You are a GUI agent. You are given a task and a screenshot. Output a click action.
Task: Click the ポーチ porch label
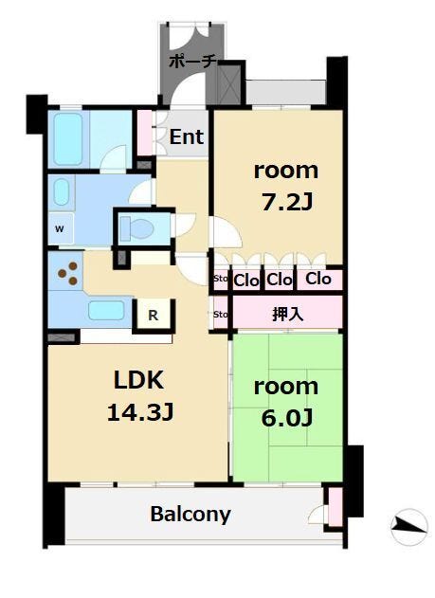point(193,62)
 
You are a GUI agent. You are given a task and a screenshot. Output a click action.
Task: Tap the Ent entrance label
point(186,136)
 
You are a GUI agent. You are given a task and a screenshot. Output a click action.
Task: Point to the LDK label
point(138,379)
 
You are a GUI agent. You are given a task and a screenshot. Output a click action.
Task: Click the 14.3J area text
point(140,412)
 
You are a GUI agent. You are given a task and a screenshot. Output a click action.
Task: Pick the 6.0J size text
point(287,417)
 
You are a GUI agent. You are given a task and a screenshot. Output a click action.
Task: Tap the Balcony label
point(190,515)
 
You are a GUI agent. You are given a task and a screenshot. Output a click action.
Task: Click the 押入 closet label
point(287,314)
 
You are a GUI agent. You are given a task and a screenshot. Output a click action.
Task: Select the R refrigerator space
point(154,315)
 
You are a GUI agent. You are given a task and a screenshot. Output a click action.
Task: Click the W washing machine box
point(60,228)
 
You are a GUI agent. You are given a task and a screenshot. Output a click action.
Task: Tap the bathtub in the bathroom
point(68,139)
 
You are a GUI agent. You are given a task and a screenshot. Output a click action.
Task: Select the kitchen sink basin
point(106,311)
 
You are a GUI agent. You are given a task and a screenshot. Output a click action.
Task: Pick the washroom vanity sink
point(61,192)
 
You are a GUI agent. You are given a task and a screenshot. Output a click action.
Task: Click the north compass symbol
point(409,527)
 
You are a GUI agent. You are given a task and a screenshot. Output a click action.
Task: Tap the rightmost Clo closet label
point(318,279)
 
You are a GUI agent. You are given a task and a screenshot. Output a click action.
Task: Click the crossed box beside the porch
point(228,83)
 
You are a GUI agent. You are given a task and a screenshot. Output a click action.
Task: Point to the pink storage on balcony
point(335,507)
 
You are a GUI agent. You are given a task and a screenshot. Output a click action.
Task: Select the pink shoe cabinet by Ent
point(144,133)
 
